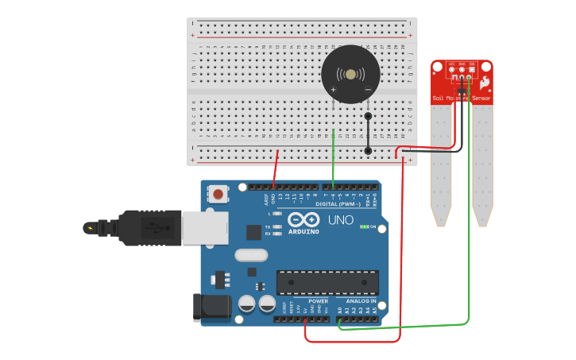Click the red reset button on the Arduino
[217, 193]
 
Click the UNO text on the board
[341, 220]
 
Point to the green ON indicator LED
[365, 226]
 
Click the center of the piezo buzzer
[350, 74]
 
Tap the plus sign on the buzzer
[333, 90]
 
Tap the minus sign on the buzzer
[367, 90]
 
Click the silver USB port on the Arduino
[204, 228]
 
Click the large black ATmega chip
[327, 282]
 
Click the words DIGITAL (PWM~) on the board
[338, 203]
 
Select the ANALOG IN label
[361, 301]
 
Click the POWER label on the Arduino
[318, 301]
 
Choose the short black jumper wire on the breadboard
[368, 133]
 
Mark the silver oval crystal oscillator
[251, 255]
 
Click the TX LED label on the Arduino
[268, 226]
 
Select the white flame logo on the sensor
[484, 83]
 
